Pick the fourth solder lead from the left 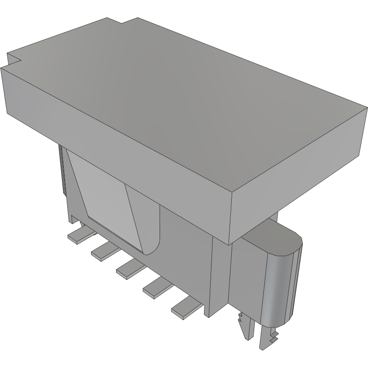point(155,288)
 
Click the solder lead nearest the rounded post point(184,308)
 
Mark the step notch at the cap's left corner point(13,59)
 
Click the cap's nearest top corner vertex point(230,192)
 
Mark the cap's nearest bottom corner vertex point(230,244)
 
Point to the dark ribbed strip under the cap point(62,171)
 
